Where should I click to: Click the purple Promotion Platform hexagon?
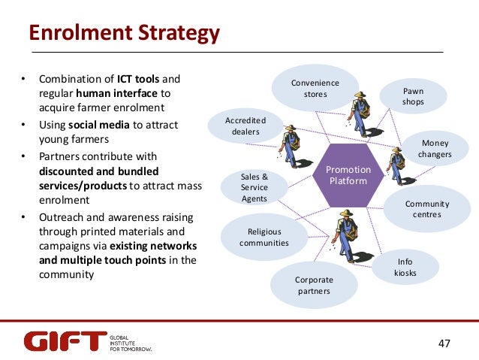pyautogui.click(x=348, y=176)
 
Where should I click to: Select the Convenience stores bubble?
pyautogui.click(x=315, y=89)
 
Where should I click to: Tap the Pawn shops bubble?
pyautogui.click(x=413, y=96)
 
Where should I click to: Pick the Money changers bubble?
pyautogui.click(x=436, y=148)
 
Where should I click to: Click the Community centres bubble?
pyautogui.click(x=426, y=209)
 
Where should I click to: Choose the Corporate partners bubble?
pyautogui.click(x=314, y=285)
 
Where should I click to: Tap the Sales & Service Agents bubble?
pyautogui.click(x=254, y=187)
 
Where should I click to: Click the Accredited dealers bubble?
pyautogui.click(x=246, y=126)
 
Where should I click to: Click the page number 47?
pyautogui.click(x=444, y=343)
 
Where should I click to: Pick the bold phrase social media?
pyautogui.click(x=102, y=125)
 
